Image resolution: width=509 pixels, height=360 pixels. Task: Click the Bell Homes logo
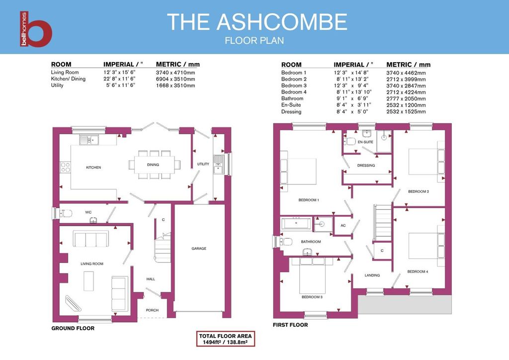(x=36, y=29)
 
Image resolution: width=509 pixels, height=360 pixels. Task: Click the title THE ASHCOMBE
(x=257, y=22)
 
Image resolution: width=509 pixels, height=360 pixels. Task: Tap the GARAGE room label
(x=199, y=248)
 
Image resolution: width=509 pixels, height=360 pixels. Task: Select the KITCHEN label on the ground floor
(x=93, y=168)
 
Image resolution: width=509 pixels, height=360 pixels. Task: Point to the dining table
(x=153, y=165)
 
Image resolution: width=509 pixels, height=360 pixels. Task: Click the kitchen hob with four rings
(x=65, y=168)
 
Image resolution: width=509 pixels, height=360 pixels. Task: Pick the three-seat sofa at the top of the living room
(x=91, y=240)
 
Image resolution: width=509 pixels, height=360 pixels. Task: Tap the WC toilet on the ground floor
(x=66, y=214)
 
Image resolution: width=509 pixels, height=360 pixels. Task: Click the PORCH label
(x=152, y=310)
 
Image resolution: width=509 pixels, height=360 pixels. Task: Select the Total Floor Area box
(x=225, y=339)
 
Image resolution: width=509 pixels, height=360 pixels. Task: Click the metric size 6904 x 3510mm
(x=175, y=79)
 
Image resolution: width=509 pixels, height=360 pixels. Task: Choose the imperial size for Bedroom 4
(x=354, y=92)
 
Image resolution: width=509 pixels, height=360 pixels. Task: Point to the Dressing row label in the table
(x=291, y=112)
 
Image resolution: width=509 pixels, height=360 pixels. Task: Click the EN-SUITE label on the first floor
(x=365, y=142)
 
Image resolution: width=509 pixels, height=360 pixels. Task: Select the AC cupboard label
(x=343, y=226)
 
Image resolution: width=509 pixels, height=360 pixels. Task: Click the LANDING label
(x=372, y=275)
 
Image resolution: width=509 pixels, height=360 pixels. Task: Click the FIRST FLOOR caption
(x=290, y=325)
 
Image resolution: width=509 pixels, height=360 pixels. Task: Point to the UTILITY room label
(x=203, y=164)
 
